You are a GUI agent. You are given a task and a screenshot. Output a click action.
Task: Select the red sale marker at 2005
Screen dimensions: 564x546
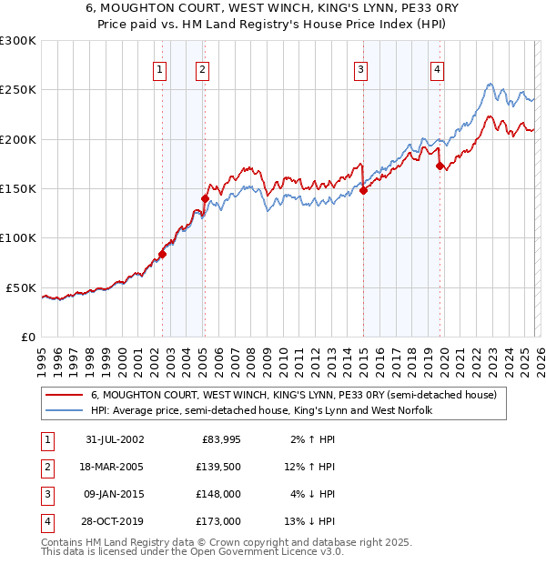[x=205, y=198]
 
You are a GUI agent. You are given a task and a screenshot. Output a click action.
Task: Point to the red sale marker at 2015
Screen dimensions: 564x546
[x=363, y=190]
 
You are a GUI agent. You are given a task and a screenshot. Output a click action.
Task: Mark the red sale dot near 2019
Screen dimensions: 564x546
[x=440, y=166]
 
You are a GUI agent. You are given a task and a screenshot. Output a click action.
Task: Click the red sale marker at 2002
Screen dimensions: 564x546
[x=163, y=254]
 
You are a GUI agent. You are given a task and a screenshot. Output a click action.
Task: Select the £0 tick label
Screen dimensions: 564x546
[x=26, y=337]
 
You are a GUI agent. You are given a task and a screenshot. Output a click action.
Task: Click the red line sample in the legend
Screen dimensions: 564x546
[x=64, y=396]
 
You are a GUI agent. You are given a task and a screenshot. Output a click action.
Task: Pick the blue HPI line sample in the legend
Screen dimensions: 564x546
[x=64, y=411]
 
